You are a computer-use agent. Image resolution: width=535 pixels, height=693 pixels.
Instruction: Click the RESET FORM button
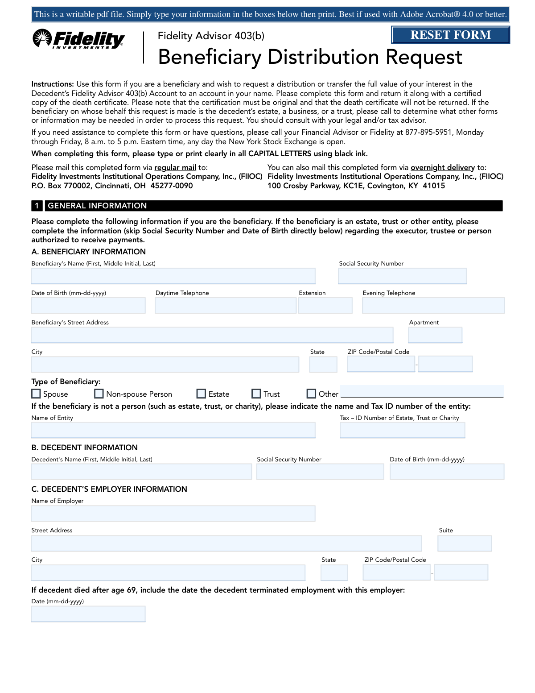click(450, 35)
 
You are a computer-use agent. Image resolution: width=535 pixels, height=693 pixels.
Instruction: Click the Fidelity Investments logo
click(79, 39)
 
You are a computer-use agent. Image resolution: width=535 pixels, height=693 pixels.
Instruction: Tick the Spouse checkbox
click(36, 394)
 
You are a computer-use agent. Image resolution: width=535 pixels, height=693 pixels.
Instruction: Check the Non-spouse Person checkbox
click(99, 394)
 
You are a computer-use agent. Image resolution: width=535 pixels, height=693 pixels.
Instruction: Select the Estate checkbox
click(201, 394)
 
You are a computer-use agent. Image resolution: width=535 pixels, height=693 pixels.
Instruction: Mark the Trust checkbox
click(256, 394)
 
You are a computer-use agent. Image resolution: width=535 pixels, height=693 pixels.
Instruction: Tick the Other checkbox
click(311, 394)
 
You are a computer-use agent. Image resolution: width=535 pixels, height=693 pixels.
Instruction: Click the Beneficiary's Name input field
click(173, 276)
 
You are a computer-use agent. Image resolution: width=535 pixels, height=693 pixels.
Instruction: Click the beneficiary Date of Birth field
click(88, 306)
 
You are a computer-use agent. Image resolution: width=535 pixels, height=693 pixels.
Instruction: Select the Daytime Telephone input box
click(225, 306)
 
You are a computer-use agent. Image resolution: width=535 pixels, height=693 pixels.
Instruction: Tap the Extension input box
click(325, 306)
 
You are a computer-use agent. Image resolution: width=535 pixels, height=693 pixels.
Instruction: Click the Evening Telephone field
click(433, 306)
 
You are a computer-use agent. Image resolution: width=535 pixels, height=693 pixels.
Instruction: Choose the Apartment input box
click(435, 335)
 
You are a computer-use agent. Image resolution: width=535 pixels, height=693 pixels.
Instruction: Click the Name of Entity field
click(173, 430)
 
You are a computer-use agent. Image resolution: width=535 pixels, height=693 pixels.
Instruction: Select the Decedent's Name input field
click(141, 472)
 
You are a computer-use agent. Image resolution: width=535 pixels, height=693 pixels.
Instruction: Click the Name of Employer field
click(173, 514)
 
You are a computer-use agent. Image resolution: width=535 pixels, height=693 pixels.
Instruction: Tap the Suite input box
click(465, 544)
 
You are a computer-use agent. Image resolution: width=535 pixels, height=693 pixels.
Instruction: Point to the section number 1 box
click(37, 206)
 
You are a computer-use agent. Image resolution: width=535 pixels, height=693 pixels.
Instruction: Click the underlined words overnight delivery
click(442, 168)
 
